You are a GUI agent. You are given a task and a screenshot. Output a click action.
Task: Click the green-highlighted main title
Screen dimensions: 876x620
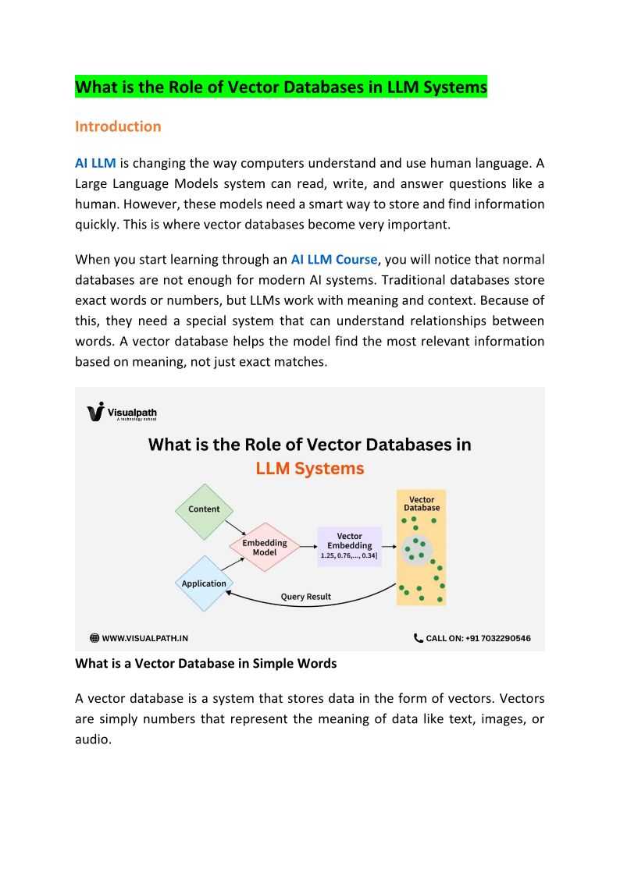coord(281,87)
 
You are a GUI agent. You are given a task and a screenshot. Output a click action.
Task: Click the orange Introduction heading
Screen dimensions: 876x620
coord(118,126)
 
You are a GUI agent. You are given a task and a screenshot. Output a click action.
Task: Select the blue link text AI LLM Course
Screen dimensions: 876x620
coord(333,260)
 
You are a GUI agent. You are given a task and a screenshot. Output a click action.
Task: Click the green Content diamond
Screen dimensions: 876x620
coord(204,509)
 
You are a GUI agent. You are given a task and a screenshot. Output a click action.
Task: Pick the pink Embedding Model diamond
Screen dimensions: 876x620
coord(265,547)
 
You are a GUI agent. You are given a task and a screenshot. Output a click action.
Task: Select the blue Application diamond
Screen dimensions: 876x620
coord(204,583)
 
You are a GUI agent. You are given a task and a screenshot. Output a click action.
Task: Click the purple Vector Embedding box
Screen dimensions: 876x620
coord(349,546)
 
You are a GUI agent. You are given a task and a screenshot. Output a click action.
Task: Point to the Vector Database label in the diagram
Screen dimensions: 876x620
coord(422,503)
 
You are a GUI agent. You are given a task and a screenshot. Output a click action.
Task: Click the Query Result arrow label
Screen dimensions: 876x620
coord(306,597)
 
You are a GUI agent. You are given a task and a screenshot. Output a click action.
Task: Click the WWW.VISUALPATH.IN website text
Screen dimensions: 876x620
coord(145,638)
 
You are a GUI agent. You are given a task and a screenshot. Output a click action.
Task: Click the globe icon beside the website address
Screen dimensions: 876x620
coord(94,638)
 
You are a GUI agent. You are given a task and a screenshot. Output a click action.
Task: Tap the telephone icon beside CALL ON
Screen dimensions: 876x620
coord(419,638)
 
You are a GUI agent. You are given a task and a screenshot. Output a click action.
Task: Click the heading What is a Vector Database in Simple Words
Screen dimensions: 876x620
coord(206,663)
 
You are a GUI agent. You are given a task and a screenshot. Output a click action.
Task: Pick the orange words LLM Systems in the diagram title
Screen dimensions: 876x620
coord(310,469)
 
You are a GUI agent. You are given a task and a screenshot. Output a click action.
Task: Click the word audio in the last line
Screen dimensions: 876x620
coord(93,739)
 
